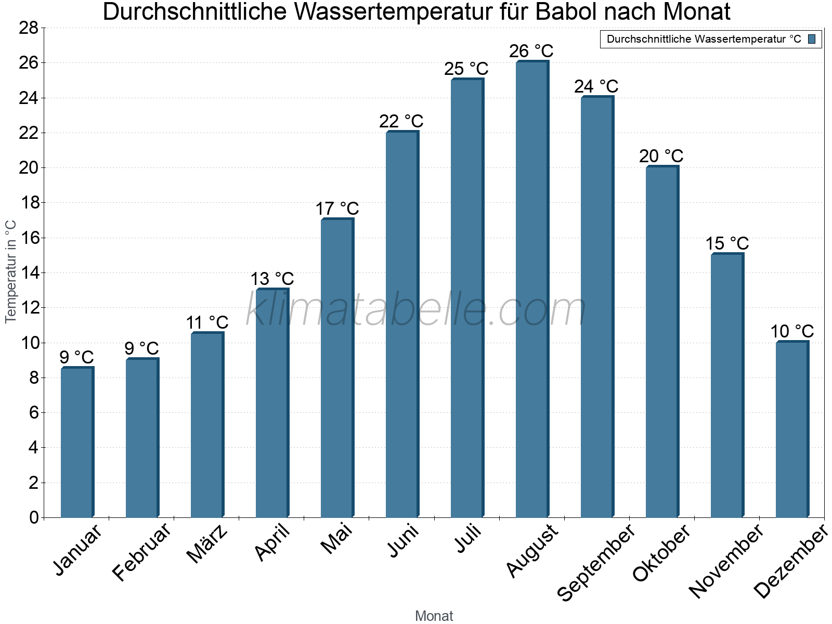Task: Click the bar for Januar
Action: (x=76, y=442)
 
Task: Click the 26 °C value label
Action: (x=531, y=51)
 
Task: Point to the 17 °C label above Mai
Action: (x=337, y=209)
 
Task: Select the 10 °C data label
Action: (x=791, y=331)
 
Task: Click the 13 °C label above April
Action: (x=272, y=279)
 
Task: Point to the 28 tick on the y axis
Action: (x=29, y=28)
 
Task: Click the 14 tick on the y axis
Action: (x=29, y=273)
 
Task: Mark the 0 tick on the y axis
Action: (x=34, y=517)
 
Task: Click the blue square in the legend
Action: (x=812, y=39)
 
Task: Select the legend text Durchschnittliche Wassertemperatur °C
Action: (x=704, y=39)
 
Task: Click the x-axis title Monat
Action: (x=434, y=616)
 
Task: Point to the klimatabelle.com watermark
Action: (x=416, y=310)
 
